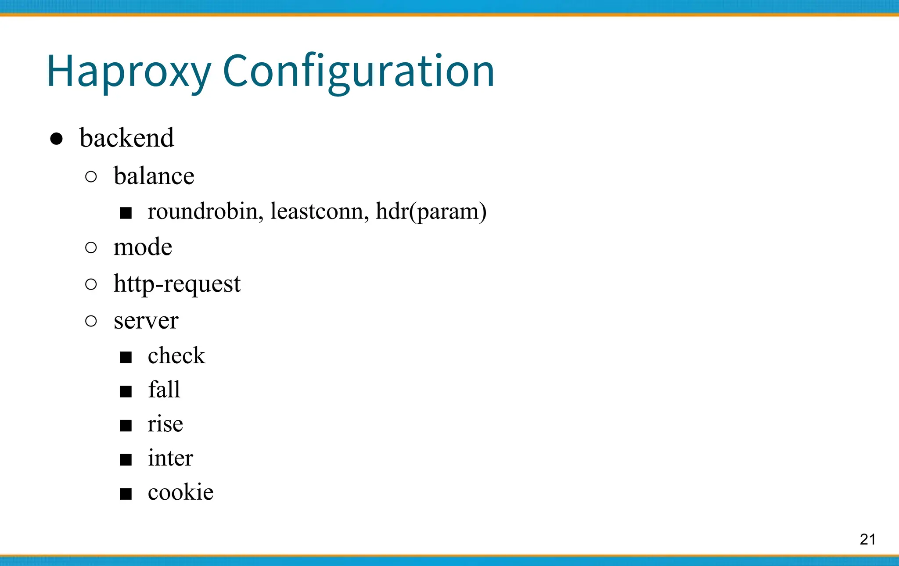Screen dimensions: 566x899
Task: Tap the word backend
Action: coord(126,138)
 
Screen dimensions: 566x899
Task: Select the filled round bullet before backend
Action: coord(56,139)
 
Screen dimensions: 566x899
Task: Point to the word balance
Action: coord(154,176)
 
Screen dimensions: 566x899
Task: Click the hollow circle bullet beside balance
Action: coord(91,177)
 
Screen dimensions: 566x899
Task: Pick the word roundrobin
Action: coord(205,211)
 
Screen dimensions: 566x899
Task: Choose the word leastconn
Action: coord(319,211)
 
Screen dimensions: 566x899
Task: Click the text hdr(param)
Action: coord(431,212)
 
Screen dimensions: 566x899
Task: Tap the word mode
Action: coord(143,247)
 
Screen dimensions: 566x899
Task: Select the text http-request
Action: coord(177,284)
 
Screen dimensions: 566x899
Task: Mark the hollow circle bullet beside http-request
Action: coord(91,284)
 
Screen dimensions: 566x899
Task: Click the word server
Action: coord(146,321)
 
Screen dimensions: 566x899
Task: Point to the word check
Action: coord(176,355)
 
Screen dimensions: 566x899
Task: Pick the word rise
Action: coord(165,424)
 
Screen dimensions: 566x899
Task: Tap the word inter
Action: coord(170,458)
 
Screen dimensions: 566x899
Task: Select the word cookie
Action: coord(180,492)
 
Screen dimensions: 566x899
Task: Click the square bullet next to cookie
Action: coord(126,494)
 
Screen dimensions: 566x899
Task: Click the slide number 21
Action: coord(867,539)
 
